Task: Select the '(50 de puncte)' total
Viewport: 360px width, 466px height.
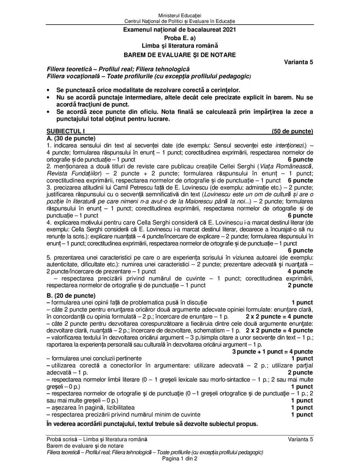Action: [292, 131]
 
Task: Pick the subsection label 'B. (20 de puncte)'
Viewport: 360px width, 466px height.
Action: [71, 296]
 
